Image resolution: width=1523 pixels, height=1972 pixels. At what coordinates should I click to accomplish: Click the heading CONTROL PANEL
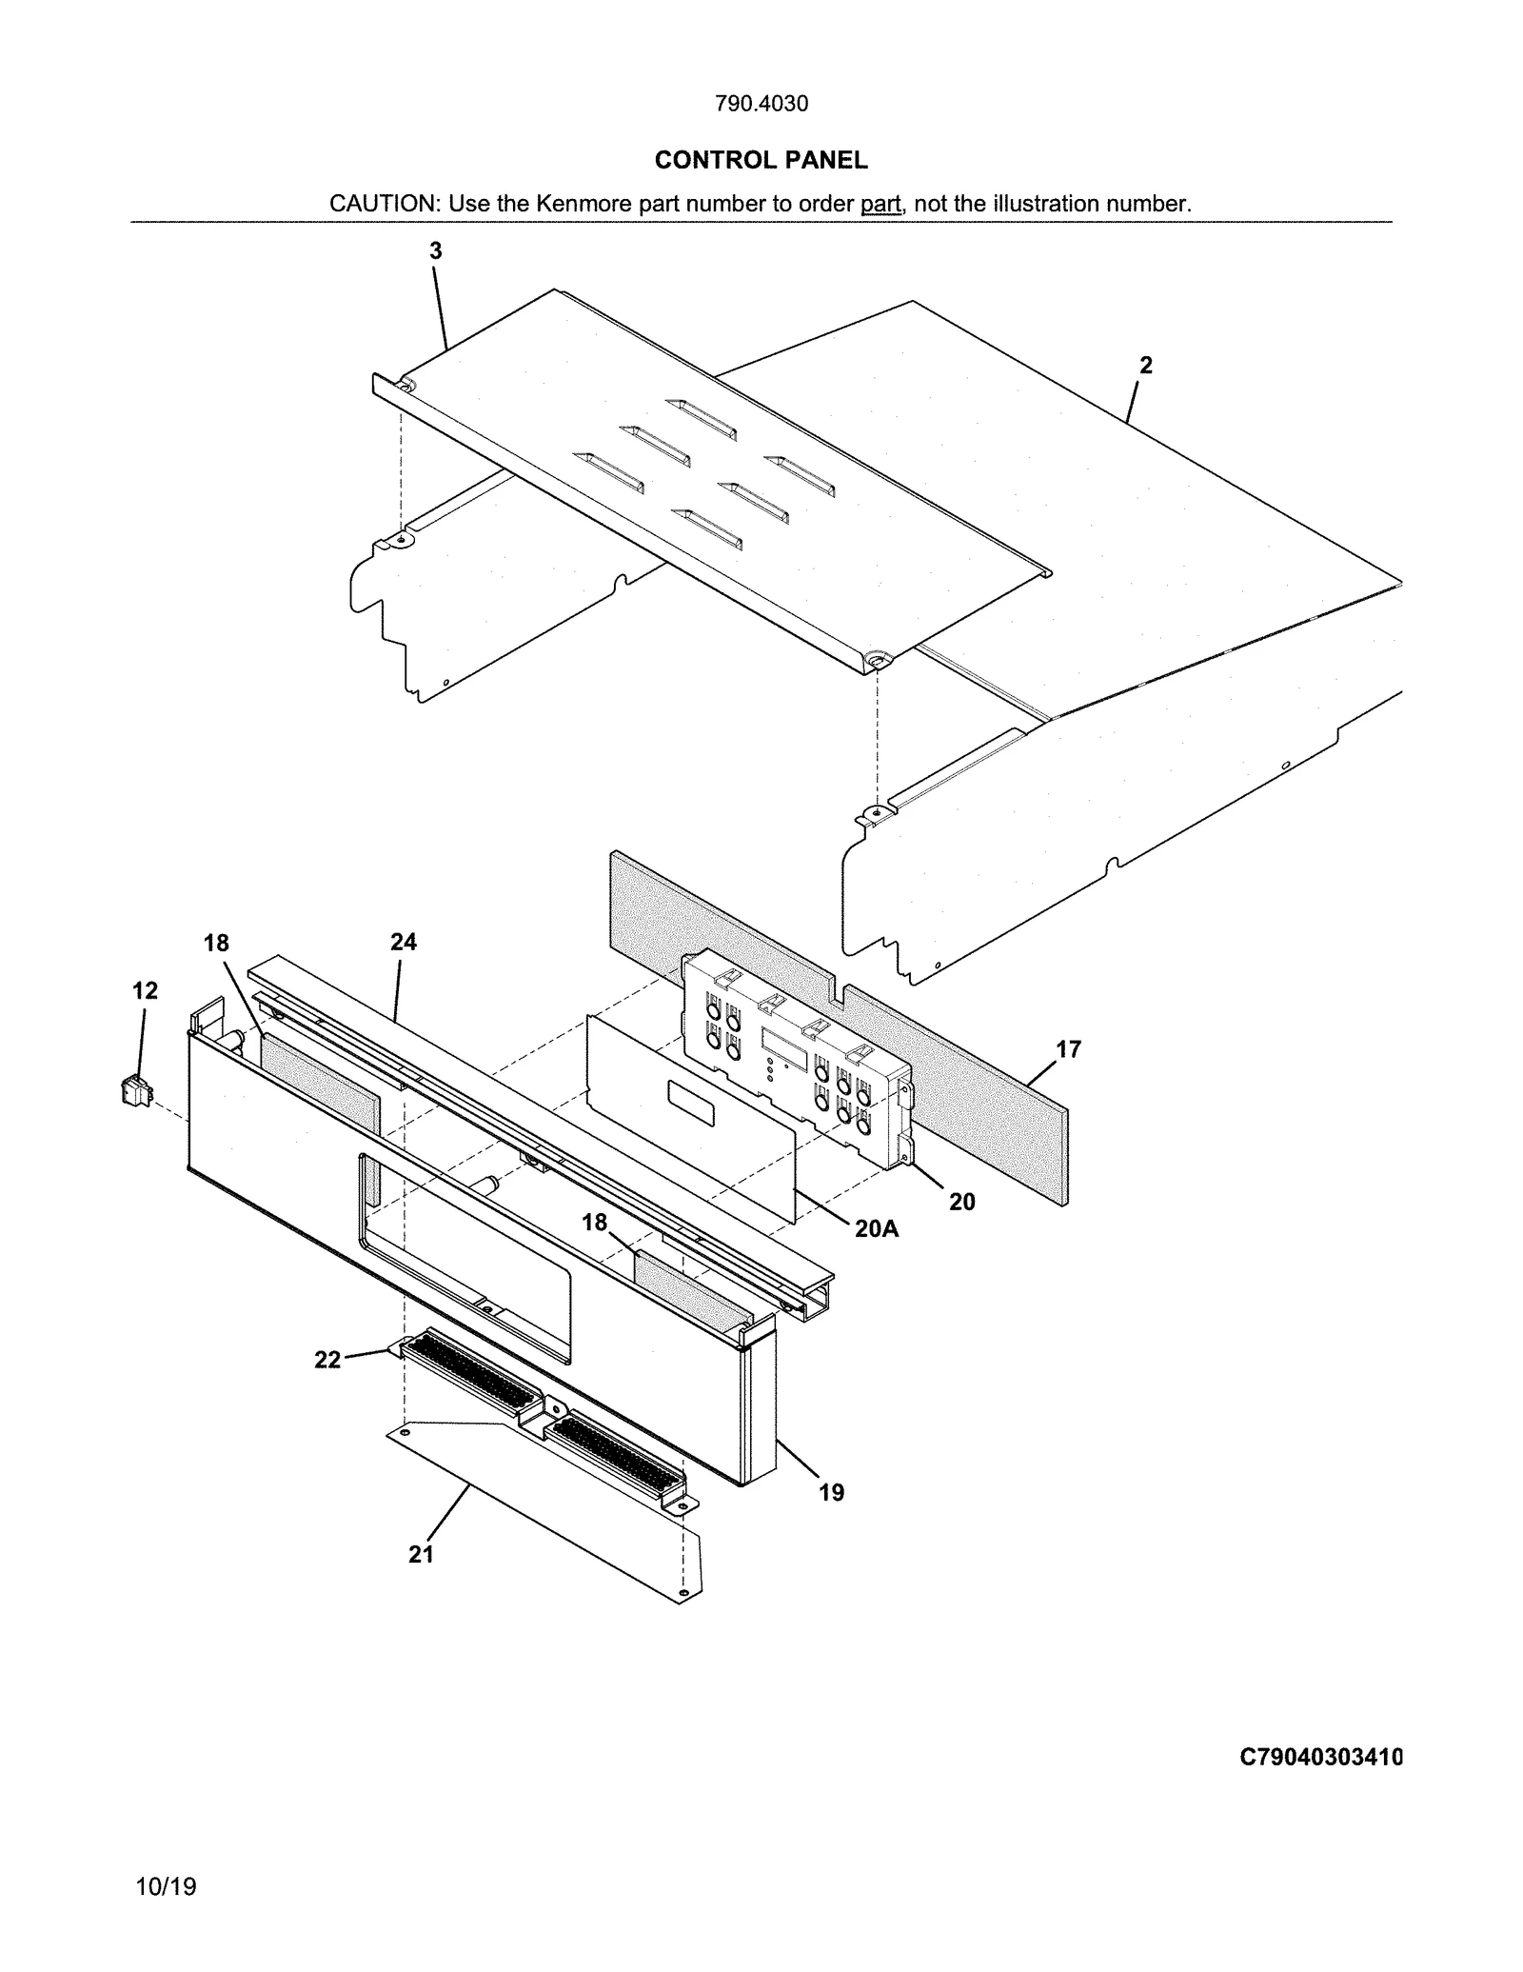[761, 160]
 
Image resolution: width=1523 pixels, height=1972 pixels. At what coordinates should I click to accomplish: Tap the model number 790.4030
[761, 104]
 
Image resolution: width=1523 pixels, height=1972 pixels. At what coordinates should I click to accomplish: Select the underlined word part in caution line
[880, 204]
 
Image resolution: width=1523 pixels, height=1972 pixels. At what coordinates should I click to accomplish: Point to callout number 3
[435, 251]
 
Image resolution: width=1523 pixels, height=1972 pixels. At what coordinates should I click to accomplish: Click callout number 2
[1146, 366]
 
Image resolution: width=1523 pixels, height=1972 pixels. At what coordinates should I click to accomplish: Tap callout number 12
[145, 991]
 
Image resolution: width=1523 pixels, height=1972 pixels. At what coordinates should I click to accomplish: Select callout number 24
[404, 943]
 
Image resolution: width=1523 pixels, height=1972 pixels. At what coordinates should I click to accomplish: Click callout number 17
[1069, 1049]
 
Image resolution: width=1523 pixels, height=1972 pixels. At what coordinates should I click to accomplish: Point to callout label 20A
[876, 1229]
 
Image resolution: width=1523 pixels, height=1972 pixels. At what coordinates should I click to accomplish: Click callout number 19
[831, 1493]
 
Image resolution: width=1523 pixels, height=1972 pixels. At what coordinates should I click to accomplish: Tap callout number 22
[327, 1361]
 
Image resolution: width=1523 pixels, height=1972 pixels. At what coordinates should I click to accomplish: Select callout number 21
[422, 1555]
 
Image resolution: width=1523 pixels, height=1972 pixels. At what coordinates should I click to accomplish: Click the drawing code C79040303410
[1321, 1758]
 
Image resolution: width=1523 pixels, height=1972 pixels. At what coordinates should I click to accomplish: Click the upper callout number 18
[216, 944]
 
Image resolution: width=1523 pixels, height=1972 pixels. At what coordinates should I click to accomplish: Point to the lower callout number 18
[595, 1223]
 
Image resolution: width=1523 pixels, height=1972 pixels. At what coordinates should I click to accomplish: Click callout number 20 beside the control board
[961, 1203]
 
